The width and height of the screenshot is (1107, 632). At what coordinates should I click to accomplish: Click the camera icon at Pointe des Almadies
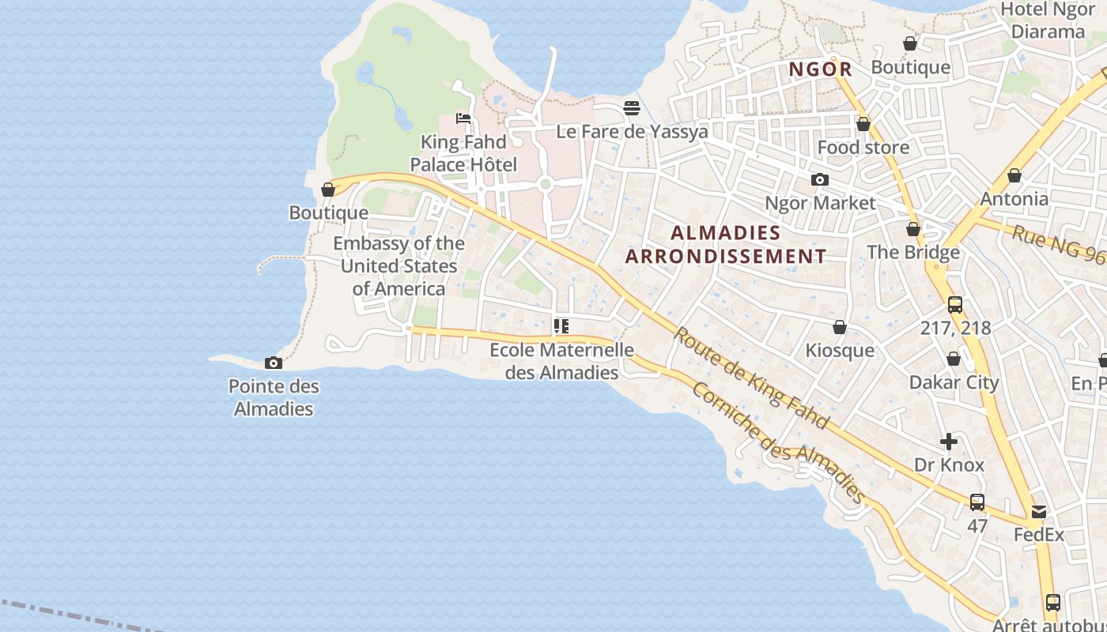tap(274, 363)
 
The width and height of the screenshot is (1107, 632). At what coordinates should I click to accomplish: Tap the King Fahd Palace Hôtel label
tap(463, 154)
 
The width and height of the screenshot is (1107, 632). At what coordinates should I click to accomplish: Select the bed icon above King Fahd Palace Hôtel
tap(463, 118)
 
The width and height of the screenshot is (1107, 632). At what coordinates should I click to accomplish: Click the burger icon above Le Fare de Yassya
tap(632, 107)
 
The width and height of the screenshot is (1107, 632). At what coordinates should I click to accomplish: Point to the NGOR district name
tap(821, 70)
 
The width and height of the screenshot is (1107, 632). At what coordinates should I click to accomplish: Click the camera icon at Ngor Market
tap(820, 180)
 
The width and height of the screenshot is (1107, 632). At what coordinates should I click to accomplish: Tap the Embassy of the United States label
tap(399, 265)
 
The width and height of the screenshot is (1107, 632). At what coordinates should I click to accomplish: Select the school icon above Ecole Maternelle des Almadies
tap(561, 325)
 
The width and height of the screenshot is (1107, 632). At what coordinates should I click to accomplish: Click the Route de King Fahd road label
tap(750, 378)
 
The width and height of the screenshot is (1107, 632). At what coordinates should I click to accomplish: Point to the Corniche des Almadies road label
tap(778, 442)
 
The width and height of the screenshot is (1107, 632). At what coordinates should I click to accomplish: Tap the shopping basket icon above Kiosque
tap(840, 327)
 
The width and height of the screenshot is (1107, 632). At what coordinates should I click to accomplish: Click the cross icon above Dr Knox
tap(949, 442)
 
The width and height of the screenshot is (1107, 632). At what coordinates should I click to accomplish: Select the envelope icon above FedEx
tap(1039, 512)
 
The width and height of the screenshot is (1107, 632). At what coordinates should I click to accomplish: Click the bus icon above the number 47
tap(977, 502)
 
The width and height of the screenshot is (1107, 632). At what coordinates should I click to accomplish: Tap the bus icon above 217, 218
tap(955, 304)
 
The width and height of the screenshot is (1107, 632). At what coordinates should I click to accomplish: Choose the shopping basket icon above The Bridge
tap(913, 229)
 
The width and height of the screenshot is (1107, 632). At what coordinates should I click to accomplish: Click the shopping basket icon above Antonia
tap(1014, 175)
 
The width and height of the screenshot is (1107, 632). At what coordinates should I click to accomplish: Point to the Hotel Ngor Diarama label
tap(1048, 21)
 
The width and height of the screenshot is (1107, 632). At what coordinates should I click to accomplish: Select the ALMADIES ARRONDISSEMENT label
tap(726, 244)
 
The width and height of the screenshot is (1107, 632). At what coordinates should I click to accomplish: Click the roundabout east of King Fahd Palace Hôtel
tap(544, 184)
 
